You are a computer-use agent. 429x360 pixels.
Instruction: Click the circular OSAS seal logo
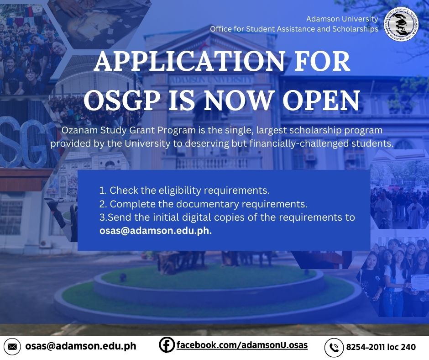(x=401, y=24)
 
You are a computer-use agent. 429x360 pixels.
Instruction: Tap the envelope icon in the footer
(x=12, y=347)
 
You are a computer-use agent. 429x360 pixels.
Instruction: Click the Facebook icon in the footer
(x=167, y=344)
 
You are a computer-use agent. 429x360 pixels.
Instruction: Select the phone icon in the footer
(x=334, y=347)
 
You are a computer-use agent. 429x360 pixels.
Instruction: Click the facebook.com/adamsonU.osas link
(x=242, y=345)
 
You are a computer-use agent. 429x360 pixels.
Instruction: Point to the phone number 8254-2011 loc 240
(x=381, y=347)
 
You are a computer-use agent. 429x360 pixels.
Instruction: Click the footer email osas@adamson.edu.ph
(x=81, y=346)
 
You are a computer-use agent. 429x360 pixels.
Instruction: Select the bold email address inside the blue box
(x=156, y=231)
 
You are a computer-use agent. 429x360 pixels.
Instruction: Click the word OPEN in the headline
(x=321, y=100)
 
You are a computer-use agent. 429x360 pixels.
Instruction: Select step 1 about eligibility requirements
(x=184, y=191)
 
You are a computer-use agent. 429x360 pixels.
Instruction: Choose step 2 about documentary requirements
(x=203, y=204)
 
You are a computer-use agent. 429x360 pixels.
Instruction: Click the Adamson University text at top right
(x=342, y=19)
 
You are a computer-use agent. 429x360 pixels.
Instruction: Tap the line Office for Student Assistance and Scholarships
(x=294, y=29)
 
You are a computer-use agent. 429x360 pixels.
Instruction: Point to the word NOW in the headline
(x=239, y=100)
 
